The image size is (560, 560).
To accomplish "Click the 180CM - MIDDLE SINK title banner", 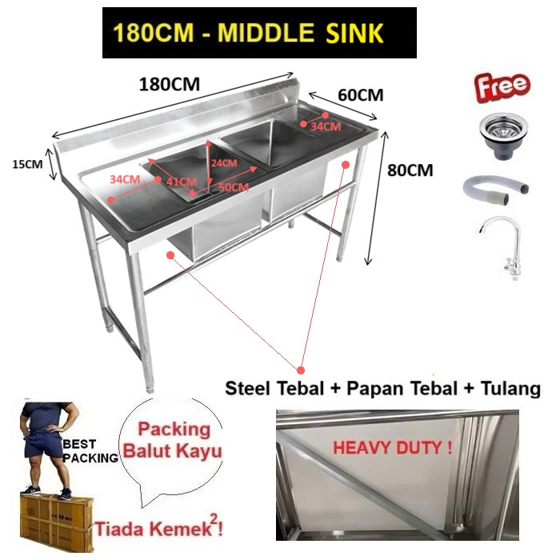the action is pos(259,33).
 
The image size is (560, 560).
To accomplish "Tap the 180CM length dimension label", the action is pos(169,83).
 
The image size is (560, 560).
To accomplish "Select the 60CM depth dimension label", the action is pos(360,94).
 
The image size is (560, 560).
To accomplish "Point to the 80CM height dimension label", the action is pos(410,170).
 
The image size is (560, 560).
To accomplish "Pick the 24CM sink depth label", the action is pos(224,162).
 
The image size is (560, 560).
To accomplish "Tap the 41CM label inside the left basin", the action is pos(182,182).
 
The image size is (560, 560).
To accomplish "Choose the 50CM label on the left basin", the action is pos(234,187).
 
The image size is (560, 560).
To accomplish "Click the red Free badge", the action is pos(502,86).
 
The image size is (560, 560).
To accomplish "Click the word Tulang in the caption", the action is pos(511,390).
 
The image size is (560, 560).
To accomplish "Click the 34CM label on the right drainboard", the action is pos(326,126).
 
